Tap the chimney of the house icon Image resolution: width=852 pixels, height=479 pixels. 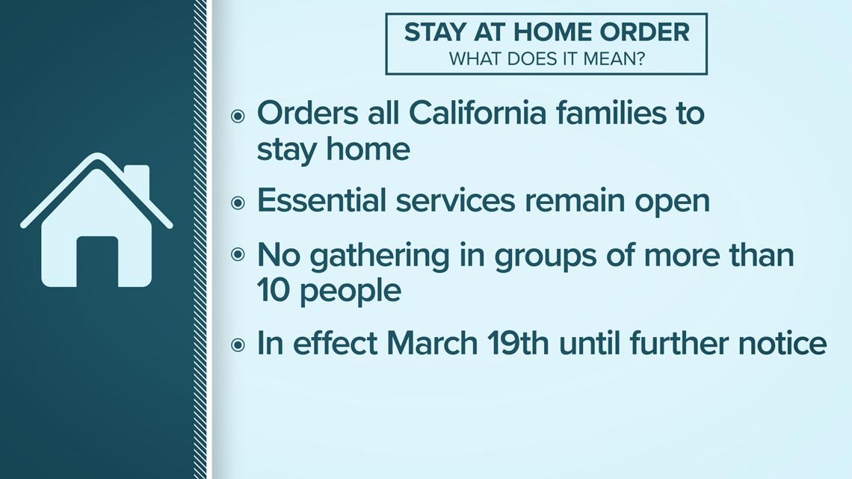(137, 180)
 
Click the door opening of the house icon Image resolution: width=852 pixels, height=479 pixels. (97, 262)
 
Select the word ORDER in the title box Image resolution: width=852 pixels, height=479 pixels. (644, 32)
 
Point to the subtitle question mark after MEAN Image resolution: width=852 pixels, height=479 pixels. (640, 58)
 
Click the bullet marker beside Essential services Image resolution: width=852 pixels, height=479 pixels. (238, 203)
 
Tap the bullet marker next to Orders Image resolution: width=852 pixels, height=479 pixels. (238, 116)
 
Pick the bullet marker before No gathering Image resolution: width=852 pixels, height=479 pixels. (238, 253)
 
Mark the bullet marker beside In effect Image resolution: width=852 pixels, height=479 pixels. (238, 344)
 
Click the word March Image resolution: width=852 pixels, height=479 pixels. (432, 343)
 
